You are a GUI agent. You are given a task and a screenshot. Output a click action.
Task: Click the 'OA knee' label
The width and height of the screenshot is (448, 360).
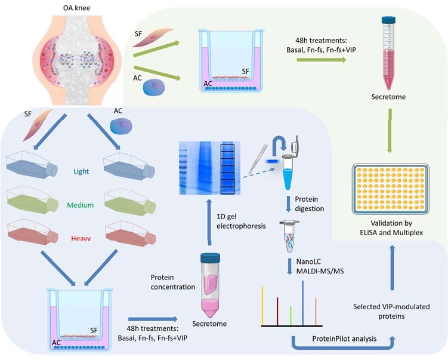76,8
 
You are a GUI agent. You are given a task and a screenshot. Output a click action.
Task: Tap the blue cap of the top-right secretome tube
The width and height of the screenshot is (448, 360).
388,20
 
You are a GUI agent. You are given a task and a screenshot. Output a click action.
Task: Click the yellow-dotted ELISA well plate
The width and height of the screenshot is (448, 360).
391,189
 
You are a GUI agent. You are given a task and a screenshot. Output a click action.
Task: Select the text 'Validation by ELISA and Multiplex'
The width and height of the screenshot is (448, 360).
391,227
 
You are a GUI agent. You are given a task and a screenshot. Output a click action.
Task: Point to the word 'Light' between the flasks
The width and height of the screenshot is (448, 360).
82,171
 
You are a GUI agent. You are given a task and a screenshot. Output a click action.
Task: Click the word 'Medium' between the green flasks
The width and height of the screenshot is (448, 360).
81,205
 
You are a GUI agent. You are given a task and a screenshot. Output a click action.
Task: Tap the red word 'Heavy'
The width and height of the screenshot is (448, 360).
81,238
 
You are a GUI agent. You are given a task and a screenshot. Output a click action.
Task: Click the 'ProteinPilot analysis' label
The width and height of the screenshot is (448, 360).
344,339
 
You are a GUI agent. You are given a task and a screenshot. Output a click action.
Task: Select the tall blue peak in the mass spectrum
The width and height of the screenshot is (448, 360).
303,303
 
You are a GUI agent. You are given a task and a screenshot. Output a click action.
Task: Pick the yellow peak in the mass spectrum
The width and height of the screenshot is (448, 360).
262,306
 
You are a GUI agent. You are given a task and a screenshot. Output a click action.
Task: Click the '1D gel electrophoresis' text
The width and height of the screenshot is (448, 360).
241,221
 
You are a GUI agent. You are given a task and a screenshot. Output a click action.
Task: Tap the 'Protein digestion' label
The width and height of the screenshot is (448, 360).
310,204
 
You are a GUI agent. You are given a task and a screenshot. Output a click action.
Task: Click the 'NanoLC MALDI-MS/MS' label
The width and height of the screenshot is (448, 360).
320,266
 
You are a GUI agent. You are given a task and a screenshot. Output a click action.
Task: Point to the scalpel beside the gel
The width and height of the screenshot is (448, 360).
258,159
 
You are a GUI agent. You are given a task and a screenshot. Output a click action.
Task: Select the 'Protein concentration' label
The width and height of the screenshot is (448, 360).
172,282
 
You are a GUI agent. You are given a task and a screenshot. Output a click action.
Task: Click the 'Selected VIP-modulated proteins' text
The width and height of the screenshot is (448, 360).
391,312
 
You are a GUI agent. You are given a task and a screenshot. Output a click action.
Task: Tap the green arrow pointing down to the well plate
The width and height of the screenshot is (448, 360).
389,130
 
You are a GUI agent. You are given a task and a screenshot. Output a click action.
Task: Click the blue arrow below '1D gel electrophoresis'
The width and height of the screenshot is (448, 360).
209,222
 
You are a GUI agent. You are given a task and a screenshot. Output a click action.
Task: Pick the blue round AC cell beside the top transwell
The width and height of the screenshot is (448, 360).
154,87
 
